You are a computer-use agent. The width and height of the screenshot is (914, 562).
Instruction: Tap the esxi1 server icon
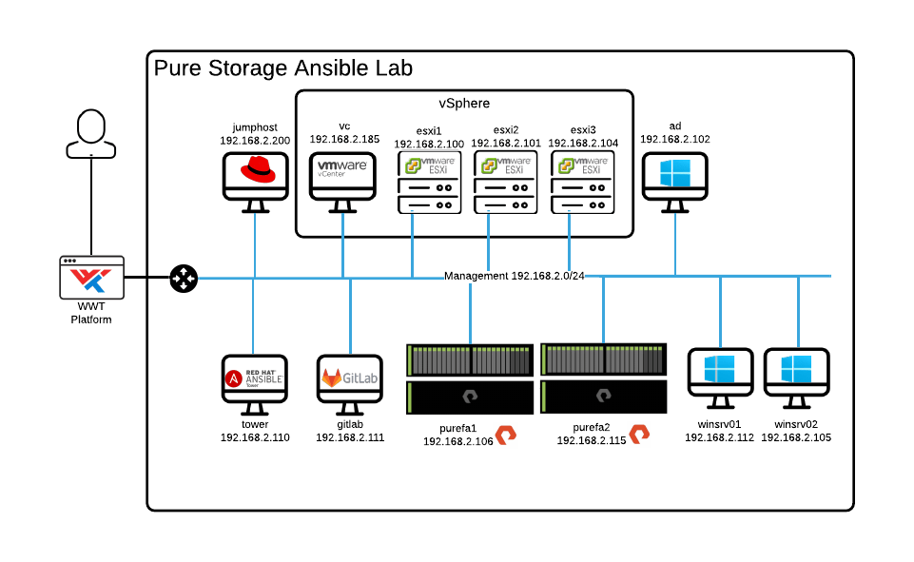(x=430, y=183)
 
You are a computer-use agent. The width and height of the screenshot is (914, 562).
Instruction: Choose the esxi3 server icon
(x=583, y=183)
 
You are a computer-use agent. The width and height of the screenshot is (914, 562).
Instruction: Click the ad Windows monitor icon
(x=674, y=177)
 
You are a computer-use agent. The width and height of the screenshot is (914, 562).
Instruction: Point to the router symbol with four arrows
(x=184, y=278)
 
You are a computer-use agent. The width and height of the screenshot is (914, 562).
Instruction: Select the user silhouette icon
(x=91, y=134)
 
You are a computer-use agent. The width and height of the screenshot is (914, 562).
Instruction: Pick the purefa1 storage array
(x=469, y=378)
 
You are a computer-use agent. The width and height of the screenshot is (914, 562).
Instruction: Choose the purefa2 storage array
(x=603, y=378)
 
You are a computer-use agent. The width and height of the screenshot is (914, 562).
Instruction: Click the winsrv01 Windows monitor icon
(x=720, y=377)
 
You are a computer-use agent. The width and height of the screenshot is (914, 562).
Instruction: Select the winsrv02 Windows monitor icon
(x=797, y=377)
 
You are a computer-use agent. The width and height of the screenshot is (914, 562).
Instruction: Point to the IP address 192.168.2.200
(x=254, y=141)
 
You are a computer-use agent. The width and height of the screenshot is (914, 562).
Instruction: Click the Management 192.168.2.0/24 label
(x=514, y=277)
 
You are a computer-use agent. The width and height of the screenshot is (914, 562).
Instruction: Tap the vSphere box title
(x=463, y=103)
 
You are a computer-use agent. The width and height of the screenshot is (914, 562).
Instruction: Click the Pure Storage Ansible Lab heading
(x=282, y=68)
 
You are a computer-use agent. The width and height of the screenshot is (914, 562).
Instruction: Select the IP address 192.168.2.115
(x=591, y=441)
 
